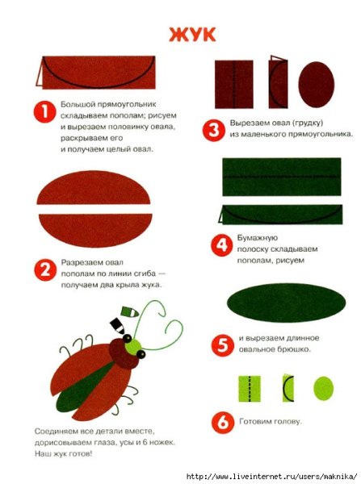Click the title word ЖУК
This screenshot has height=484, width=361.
click(x=192, y=35)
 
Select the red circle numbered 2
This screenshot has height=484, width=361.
click(x=45, y=269)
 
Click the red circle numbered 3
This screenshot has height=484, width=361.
click(x=213, y=130)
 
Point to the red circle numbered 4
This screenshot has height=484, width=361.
click(x=222, y=245)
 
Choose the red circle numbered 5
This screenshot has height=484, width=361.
click(x=222, y=345)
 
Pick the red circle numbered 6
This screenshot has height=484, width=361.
click(x=223, y=422)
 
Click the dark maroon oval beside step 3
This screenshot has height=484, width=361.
click(x=317, y=84)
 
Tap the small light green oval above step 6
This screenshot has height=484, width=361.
click(x=324, y=388)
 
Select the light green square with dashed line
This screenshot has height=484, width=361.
click(x=250, y=389)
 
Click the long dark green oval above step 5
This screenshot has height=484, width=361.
click(x=286, y=302)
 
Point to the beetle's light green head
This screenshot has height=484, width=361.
click(x=133, y=347)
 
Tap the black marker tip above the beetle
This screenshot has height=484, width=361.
click(x=117, y=326)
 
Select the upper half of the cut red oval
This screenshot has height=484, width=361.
click(x=94, y=188)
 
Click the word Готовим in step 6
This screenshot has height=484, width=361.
click(x=254, y=421)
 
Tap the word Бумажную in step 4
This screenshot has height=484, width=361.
click(x=258, y=238)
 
